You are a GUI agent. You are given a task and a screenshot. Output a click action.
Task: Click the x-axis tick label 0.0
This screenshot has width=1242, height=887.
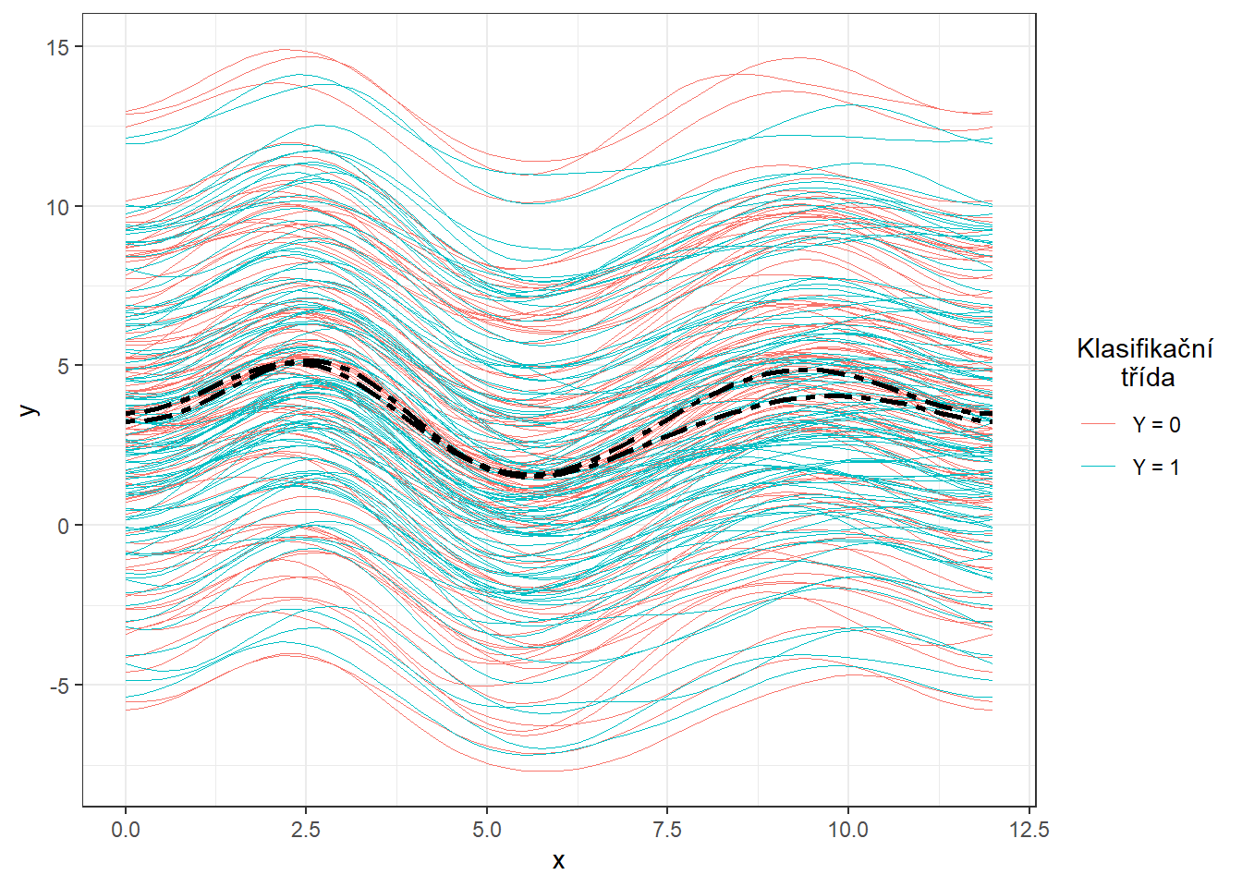(x=126, y=830)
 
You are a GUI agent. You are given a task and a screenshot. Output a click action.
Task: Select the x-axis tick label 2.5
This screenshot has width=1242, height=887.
(x=306, y=830)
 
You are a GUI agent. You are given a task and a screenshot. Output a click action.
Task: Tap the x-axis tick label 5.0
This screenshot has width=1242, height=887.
(x=487, y=830)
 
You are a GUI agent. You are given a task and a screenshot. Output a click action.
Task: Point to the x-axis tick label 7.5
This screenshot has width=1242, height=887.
(x=667, y=830)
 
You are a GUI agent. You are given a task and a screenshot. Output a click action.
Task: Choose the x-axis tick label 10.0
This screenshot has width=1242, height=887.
(x=847, y=830)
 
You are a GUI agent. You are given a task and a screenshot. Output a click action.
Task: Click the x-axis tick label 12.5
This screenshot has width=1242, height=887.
(x=1029, y=830)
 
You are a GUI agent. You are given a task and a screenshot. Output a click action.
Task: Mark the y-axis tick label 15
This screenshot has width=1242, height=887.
(x=58, y=47)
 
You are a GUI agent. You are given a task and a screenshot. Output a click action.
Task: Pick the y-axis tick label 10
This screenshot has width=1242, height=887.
(x=58, y=207)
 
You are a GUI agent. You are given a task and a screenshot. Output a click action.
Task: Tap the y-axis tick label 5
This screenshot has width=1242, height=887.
(x=64, y=366)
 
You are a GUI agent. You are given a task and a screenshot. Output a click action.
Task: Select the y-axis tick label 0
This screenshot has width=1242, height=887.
(x=64, y=526)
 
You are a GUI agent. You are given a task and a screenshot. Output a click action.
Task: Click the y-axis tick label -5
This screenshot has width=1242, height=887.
(x=58, y=686)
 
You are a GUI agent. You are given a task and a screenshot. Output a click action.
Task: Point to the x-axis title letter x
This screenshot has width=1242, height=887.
(x=558, y=861)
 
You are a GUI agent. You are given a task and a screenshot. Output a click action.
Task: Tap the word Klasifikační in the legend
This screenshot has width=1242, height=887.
(x=1145, y=348)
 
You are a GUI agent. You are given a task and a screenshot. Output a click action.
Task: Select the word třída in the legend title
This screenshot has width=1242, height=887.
(x=1148, y=377)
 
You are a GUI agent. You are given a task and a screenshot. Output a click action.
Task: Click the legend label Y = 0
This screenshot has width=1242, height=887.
(x=1156, y=425)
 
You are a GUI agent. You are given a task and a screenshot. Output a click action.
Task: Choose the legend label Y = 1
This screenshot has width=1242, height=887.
(x=1156, y=468)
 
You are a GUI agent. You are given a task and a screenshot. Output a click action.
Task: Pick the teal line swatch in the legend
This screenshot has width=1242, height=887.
(x=1099, y=468)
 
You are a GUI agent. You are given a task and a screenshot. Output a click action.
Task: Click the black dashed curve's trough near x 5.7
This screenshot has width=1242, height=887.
(x=536, y=476)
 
